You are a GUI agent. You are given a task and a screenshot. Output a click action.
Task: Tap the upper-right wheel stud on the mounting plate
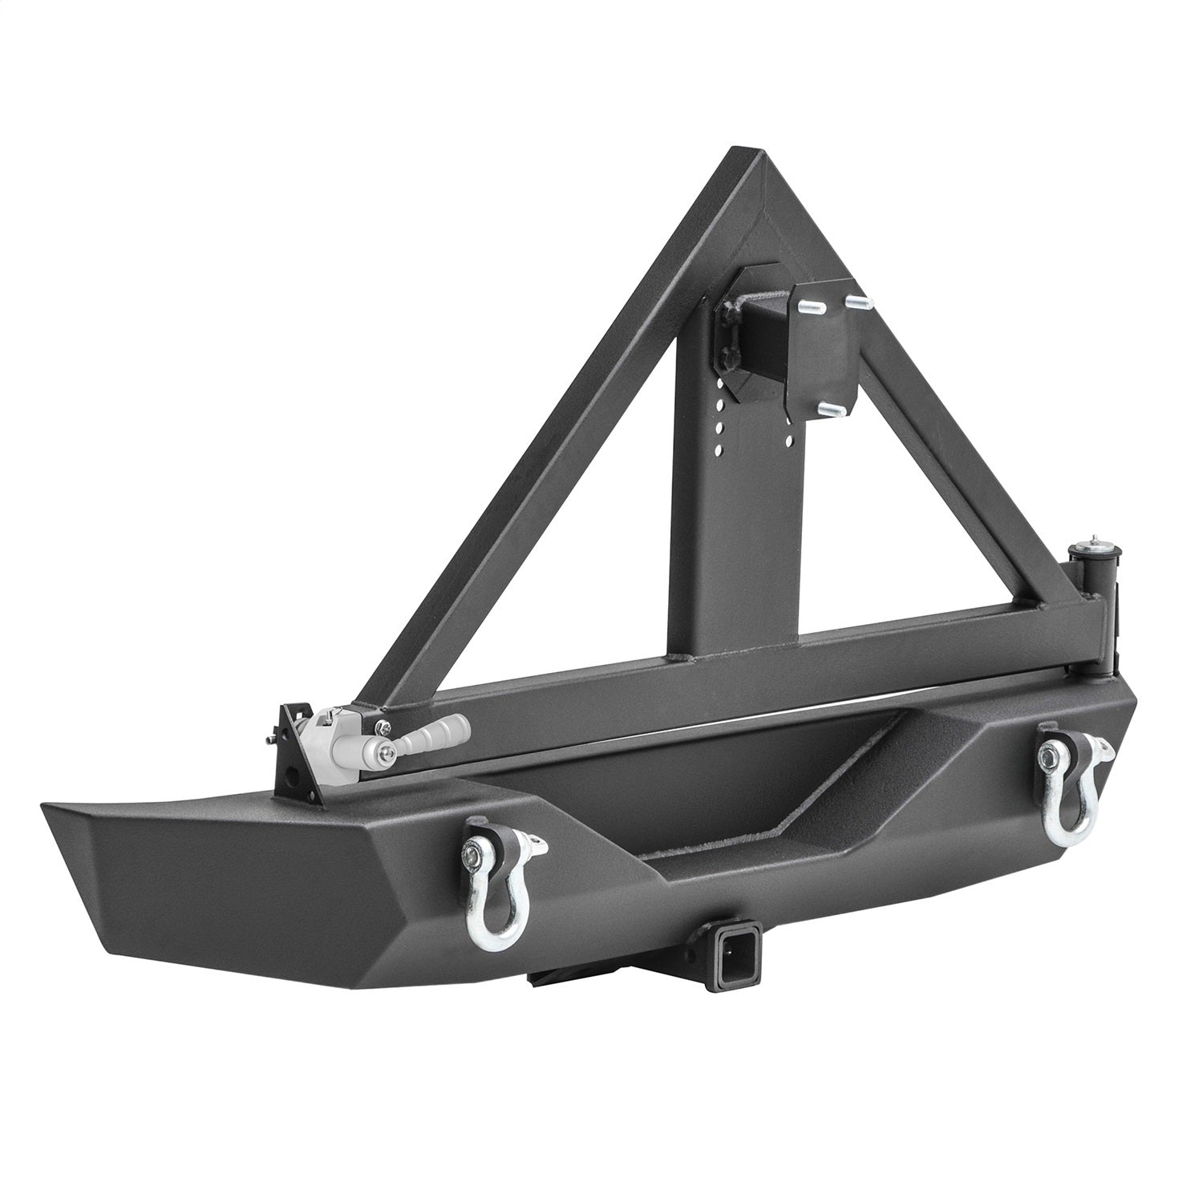tap(857, 303)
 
